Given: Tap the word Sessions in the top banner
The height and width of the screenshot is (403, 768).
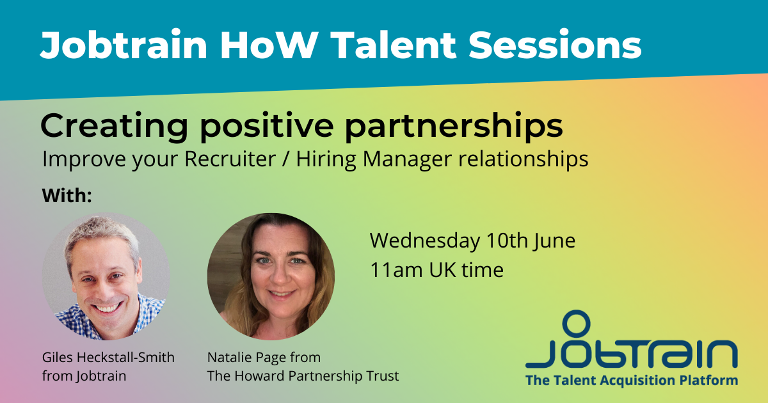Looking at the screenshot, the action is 555,45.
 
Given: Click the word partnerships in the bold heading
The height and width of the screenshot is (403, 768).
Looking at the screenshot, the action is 454,127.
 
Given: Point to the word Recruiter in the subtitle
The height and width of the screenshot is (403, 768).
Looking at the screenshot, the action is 230,159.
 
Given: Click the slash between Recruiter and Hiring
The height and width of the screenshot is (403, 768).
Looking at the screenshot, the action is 285,159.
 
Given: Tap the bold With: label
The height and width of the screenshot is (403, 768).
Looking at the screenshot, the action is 67,196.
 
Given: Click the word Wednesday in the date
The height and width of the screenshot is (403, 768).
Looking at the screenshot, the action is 424,241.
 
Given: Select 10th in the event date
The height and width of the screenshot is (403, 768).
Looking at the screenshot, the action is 506,241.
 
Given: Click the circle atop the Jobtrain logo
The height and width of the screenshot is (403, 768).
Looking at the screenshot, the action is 576,323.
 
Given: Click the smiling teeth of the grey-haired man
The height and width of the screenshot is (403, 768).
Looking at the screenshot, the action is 108,308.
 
